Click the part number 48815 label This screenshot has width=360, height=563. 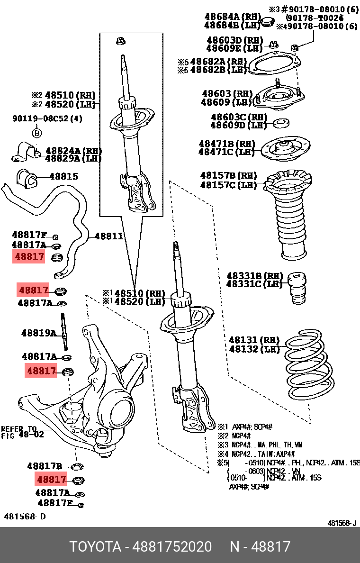[63, 177]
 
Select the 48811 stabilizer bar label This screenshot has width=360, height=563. [109, 236]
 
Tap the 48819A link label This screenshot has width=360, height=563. [38, 333]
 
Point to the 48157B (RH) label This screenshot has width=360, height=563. [229, 175]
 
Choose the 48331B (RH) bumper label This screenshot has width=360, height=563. [251, 275]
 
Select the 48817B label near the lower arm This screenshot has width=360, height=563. [45, 466]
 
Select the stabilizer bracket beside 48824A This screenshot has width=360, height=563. [26, 152]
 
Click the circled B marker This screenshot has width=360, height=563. [36, 132]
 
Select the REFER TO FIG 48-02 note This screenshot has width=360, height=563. [22, 432]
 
